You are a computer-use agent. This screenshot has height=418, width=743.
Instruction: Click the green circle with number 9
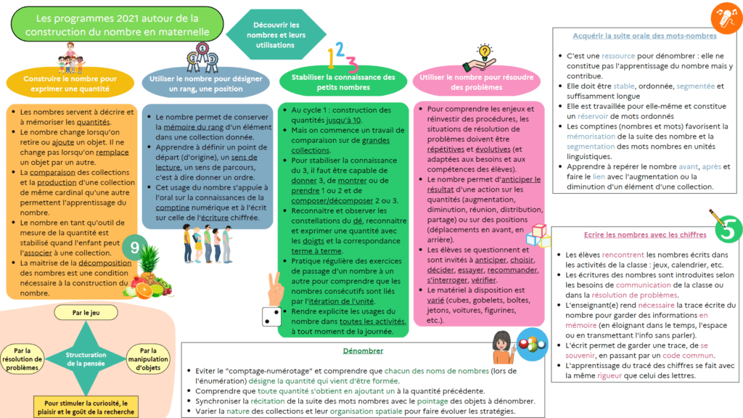(x=134, y=248)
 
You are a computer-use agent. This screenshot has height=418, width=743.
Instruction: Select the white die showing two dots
(x=271, y=316)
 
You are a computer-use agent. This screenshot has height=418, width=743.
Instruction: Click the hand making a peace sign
(x=274, y=287)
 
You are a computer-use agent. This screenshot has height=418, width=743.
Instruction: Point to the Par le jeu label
(x=86, y=313)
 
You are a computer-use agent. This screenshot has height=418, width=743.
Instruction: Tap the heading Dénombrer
(x=363, y=351)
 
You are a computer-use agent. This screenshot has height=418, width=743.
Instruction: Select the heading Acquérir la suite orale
(x=644, y=36)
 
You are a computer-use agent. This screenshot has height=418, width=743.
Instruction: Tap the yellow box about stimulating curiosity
(x=85, y=407)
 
